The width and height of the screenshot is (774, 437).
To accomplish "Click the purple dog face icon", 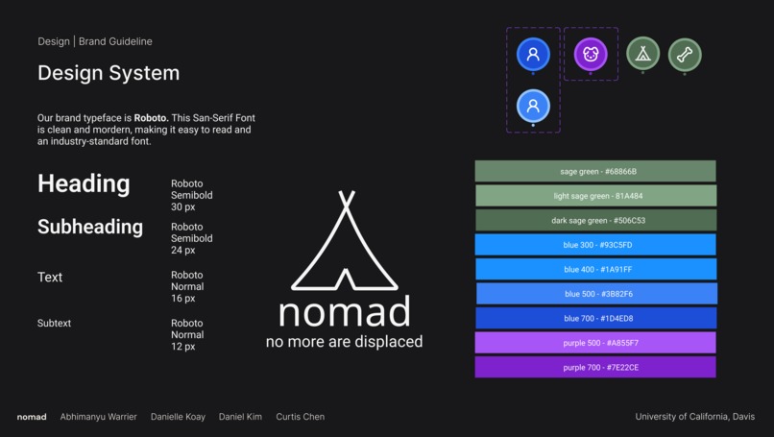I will pos(591,55).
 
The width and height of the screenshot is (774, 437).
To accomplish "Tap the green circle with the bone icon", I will pos(685,55).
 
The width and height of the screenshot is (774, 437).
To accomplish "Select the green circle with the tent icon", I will pos(643,55).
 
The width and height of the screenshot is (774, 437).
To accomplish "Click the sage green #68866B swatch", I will pos(595,172).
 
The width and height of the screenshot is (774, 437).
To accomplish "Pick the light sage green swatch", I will pos(595,196).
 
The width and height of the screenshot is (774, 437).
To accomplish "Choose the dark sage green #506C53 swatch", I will pos(595,221).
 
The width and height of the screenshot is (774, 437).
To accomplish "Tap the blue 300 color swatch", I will pos(595,245).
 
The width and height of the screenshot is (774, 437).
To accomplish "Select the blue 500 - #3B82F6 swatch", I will pos(595,294).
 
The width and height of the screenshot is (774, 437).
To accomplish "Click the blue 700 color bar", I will pos(595,319).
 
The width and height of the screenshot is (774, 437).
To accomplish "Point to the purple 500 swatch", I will pos(595,343).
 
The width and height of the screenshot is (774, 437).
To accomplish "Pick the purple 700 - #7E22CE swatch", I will pos(595,368).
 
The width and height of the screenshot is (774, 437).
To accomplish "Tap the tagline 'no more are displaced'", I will pos(344,342).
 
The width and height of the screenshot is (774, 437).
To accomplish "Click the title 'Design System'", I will pos(109,73).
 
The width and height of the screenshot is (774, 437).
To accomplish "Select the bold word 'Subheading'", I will pos(90,228).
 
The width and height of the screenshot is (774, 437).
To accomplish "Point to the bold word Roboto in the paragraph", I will pos(151,118).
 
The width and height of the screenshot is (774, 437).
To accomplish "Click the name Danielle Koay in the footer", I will pos(178,417).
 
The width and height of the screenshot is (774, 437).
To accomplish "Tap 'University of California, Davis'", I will pos(696,417).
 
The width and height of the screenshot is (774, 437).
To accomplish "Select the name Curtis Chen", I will pos(300,417).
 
